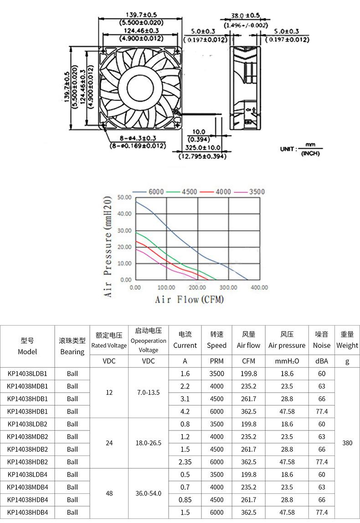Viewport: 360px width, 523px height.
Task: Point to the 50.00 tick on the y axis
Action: tap(124, 197)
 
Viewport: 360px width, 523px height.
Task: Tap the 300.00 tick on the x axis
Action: tap(228, 288)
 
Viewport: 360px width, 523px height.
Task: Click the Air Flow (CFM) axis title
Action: tap(189, 300)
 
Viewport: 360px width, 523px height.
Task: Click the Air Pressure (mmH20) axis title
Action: tap(108, 247)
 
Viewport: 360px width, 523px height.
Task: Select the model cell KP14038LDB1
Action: tap(27, 373)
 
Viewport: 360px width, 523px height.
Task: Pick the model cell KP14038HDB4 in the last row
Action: tap(27, 512)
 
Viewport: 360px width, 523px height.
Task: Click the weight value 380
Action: tap(347, 443)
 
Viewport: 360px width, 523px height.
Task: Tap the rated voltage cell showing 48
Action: tap(109, 493)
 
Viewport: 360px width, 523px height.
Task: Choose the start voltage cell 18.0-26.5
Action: tap(148, 443)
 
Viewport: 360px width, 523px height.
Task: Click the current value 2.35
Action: tap(185, 462)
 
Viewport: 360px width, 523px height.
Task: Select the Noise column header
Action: tap(322, 340)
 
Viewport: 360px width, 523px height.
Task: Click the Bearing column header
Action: tap(72, 346)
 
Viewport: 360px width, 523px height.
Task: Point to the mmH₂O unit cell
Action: tap(287, 361)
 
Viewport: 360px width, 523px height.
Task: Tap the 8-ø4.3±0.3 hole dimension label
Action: tap(138, 138)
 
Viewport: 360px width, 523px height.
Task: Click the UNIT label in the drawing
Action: tap(288, 149)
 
